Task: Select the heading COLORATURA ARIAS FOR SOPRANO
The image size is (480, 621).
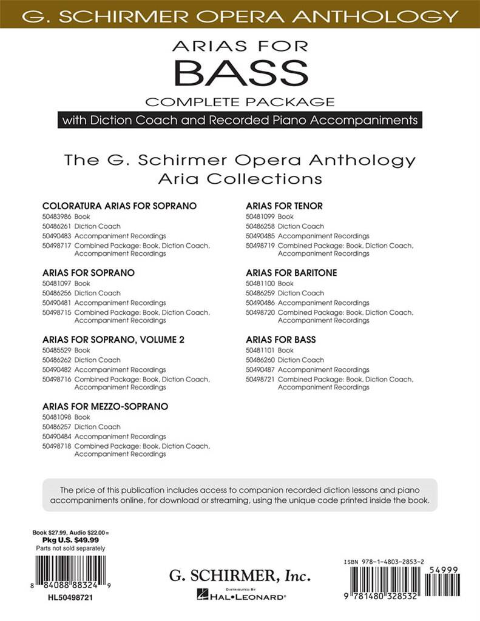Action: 120,206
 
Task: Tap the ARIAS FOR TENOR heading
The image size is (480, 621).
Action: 284,206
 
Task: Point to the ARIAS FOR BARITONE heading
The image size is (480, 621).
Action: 291,273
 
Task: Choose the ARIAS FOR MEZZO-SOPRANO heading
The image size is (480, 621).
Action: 105,406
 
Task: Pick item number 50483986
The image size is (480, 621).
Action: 56,217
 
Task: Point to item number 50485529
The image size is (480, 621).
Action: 56,350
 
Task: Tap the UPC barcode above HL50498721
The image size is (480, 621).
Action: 70,571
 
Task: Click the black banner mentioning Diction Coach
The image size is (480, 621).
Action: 240,119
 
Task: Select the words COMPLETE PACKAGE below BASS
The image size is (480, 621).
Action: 240,101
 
